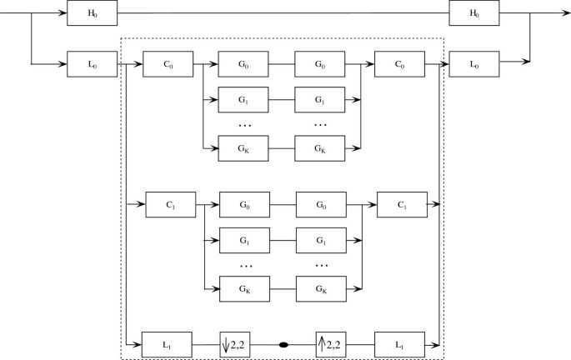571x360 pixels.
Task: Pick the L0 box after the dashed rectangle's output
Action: tap(473, 63)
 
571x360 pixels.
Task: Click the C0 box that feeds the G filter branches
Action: tap(168, 63)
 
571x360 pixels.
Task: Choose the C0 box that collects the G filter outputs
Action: tap(399, 63)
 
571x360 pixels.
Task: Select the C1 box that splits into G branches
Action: tap(170, 203)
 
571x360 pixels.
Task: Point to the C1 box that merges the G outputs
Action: tap(402, 203)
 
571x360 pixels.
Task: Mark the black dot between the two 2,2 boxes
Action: tap(283, 343)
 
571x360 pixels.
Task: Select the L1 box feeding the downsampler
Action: tap(168, 343)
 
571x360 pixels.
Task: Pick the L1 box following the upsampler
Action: tap(399, 343)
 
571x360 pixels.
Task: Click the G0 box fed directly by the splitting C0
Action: tap(243, 63)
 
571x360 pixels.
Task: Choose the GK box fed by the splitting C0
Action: tap(243, 147)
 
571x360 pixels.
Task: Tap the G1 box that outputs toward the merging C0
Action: tap(320, 99)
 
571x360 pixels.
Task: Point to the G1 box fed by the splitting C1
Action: tap(244, 239)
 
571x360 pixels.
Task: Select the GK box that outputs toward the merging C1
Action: tap(321, 287)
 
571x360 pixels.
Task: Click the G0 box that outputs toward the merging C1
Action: tap(321, 203)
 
